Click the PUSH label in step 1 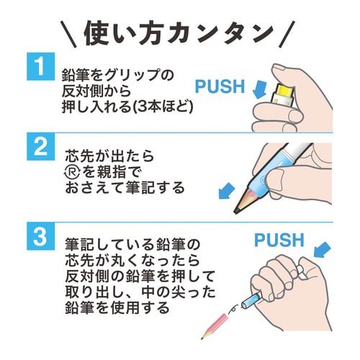(x=221, y=88)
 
